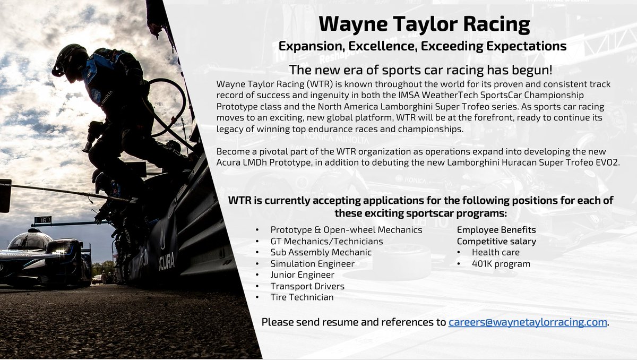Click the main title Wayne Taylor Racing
click(x=425, y=24)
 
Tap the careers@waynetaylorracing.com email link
click(x=528, y=322)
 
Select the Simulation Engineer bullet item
click(x=312, y=263)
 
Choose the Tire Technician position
click(x=302, y=297)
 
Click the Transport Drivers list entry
click(x=307, y=286)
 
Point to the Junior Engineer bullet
click(x=302, y=275)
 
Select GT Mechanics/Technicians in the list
click(x=326, y=241)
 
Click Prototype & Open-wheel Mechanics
click(x=346, y=230)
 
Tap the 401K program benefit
click(x=501, y=263)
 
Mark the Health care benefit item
click(x=495, y=252)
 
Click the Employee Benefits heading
click(x=496, y=230)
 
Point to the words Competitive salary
click(x=496, y=241)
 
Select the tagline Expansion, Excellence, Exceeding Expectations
click(x=423, y=46)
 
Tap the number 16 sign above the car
click(x=42, y=220)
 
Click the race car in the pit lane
click(x=42, y=258)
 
